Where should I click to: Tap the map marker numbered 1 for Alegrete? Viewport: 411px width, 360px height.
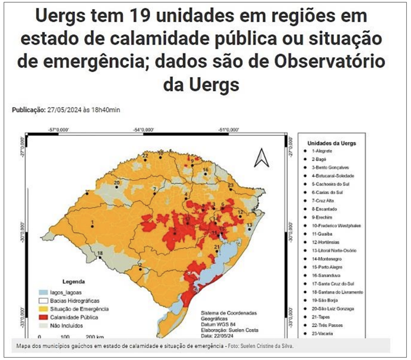pyautogui.click(x=92, y=226)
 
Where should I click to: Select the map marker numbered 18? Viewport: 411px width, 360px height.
pyautogui.click(x=101, y=257)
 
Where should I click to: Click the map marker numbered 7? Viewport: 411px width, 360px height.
pyautogui.click(x=154, y=192)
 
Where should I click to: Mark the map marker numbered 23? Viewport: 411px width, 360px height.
pyautogui.click(x=231, y=189)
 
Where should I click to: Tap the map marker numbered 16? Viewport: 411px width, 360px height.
pyautogui.click(x=206, y=174)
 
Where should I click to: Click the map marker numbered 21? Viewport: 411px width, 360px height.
pyautogui.click(x=217, y=251)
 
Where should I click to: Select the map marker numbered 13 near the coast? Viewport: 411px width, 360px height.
pyautogui.click(x=249, y=229)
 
